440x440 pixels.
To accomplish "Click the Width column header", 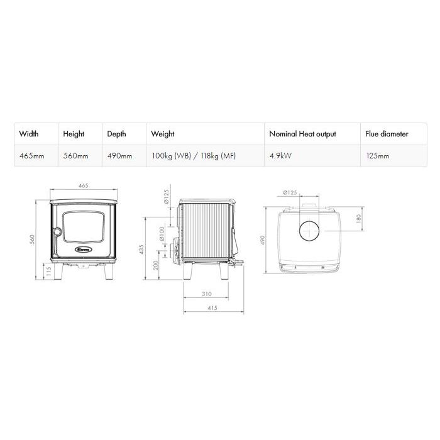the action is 29,134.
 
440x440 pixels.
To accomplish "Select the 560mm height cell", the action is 76,156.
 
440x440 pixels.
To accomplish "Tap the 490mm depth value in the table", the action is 119,156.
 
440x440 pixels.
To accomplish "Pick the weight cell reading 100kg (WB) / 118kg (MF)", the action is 194,156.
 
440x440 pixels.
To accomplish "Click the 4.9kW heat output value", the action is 280,156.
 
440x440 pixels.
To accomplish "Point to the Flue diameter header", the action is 387,134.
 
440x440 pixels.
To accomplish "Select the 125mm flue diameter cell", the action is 378,156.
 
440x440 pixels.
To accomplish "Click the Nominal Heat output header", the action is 302,134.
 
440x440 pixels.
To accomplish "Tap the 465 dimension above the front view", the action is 84,185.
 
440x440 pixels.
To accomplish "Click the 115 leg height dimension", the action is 48,272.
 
